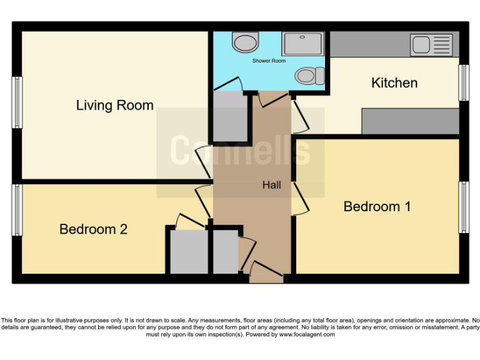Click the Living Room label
(115, 105)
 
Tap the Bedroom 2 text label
(93, 229)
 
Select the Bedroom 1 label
(377, 206)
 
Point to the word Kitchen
(394, 82)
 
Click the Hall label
(271, 185)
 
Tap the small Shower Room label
(269, 61)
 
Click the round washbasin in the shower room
(244, 42)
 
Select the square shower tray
(302, 44)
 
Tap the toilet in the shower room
(309, 76)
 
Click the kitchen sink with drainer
(431, 45)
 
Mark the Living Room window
(17, 103)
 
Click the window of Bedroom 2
(17, 210)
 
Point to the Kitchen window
(463, 82)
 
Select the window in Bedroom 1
(463, 207)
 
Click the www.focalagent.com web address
(306, 334)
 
